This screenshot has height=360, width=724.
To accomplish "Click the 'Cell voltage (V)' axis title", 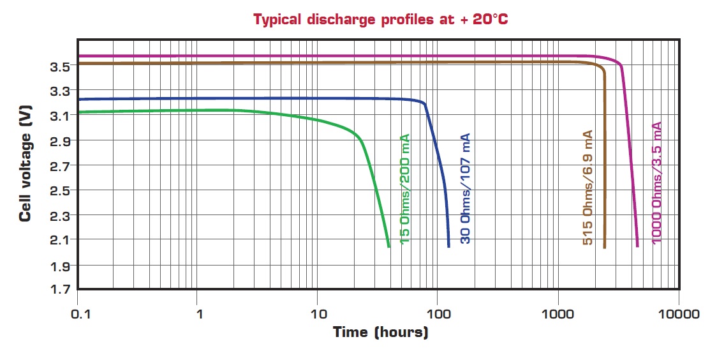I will (x=26, y=167).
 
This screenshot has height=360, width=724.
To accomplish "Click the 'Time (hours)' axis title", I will (x=380, y=332).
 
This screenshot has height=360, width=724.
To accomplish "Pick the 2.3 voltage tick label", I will (x=61, y=215).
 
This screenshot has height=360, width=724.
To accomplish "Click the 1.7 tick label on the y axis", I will (x=61, y=290).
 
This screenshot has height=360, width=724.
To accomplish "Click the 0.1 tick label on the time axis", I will (x=78, y=314).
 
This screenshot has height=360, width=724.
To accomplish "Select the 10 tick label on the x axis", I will (x=318, y=314).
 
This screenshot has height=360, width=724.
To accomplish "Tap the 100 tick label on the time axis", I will (x=438, y=314).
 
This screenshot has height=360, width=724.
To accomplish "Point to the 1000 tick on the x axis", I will (x=559, y=314).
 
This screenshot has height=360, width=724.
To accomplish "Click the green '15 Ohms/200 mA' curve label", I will (x=404, y=189).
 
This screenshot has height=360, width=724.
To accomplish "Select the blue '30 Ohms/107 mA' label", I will (x=465, y=189).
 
